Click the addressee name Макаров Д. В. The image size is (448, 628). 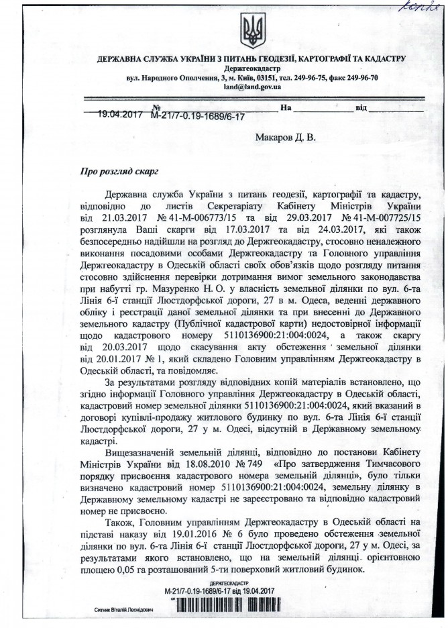click(284, 137)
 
